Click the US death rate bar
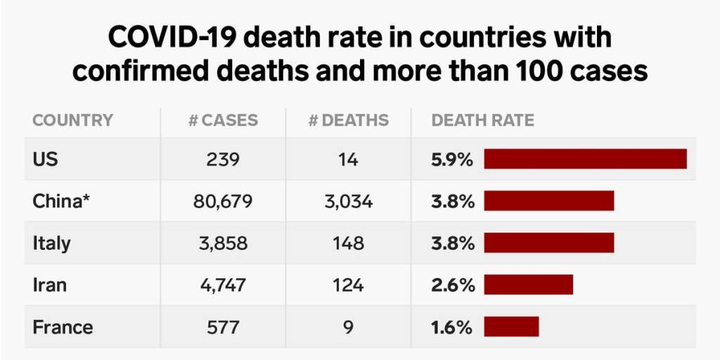585,160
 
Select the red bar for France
511,327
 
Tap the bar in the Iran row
528,285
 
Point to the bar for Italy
548,243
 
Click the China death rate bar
548,201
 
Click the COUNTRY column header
72,120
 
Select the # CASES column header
223,120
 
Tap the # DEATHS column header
348,120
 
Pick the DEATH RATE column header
482,120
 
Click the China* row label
63,202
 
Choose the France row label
63,327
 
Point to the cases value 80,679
223,202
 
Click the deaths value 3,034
349,202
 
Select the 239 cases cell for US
223,160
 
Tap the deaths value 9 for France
349,327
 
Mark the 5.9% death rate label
452,160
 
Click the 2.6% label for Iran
452,285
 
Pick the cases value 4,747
223,285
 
